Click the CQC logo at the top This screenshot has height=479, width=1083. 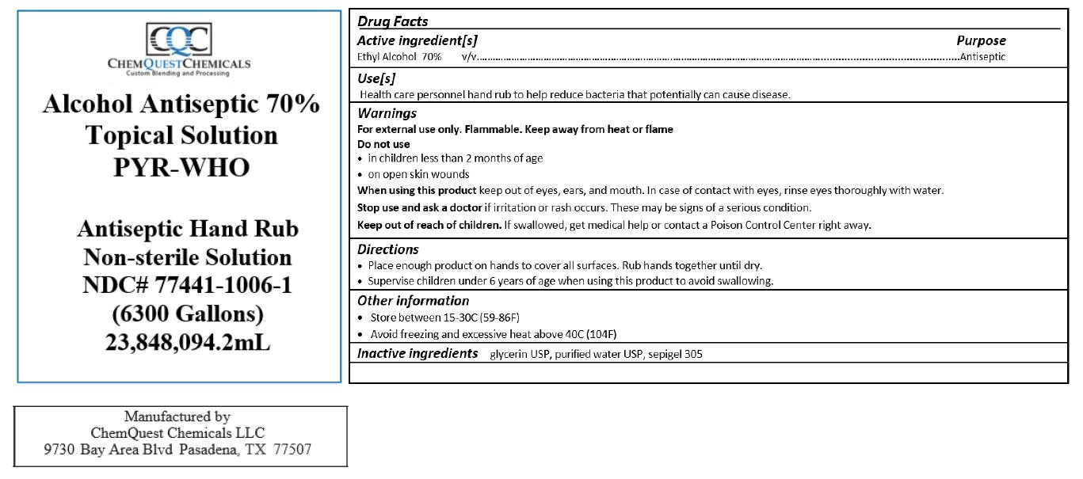[179, 39]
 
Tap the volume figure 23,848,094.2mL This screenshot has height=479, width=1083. [188, 344]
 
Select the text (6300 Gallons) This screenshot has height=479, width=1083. [187, 314]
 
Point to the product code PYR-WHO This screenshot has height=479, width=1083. [181, 168]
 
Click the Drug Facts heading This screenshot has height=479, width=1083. [392, 21]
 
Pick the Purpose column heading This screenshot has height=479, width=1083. [981, 40]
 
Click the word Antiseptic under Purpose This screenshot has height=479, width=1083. [982, 57]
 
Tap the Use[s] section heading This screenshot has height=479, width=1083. [376, 78]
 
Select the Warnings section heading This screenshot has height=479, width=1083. [387, 113]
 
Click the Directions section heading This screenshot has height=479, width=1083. [388, 249]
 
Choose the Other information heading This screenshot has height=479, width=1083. [413, 301]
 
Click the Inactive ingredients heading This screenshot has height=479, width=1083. [418, 353]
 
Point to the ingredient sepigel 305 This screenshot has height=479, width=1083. [675, 355]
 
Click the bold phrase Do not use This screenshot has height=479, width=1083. [383, 144]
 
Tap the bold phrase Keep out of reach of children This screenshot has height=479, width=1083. [429, 225]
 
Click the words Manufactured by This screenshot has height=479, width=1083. [177, 416]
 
